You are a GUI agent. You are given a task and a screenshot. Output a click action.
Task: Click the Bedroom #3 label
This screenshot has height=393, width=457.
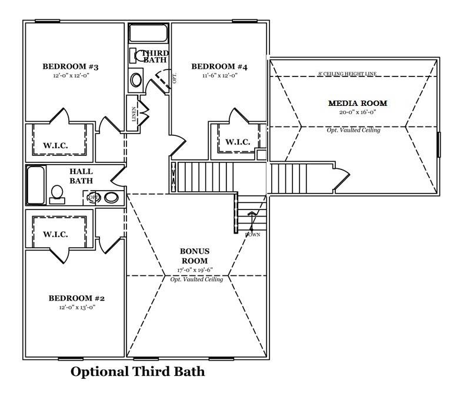click(x=71, y=67)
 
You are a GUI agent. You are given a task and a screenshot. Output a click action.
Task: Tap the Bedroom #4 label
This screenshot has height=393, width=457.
click(x=219, y=67)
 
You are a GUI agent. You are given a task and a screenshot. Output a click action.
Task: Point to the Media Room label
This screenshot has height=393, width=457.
click(x=358, y=104)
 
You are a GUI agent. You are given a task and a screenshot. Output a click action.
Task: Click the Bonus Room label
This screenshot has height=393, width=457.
click(x=195, y=256)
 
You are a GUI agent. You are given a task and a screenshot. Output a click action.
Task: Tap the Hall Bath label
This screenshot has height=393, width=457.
click(x=81, y=176)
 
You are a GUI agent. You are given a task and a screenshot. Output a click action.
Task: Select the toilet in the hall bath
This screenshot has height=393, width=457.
click(x=58, y=194)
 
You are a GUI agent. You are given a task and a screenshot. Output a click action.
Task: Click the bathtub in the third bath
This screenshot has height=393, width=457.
click(x=148, y=33)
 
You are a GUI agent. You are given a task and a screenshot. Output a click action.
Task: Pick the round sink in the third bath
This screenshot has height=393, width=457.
click(x=136, y=79)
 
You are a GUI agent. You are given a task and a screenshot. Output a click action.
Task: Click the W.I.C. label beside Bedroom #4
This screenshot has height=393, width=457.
click(x=238, y=142)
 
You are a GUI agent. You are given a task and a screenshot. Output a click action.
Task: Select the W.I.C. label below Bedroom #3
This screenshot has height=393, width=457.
click(x=55, y=145)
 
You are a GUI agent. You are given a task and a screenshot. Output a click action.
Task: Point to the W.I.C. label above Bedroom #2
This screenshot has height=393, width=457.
click(x=55, y=234)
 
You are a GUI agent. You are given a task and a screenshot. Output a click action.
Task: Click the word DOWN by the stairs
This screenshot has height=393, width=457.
click(x=253, y=235)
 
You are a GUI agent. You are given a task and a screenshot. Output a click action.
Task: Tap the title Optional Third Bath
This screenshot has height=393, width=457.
click(x=138, y=372)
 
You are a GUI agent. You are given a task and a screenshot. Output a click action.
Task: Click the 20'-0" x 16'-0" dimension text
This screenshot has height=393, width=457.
click(x=358, y=112)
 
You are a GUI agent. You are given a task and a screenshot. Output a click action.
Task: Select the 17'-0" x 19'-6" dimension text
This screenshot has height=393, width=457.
click(x=195, y=270)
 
